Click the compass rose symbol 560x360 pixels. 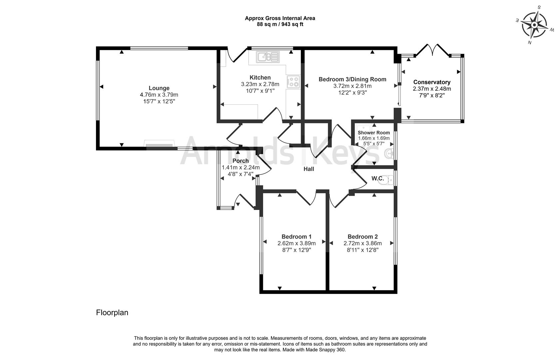(x=534, y=25)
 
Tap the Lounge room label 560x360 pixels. (x=159, y=88)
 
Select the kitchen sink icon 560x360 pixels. (x=267, y=57)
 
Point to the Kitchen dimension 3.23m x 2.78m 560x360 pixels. (x=260, y=84)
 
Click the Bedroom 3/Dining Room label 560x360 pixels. (x=352, y=79)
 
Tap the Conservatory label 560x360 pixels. (x=432, y=82)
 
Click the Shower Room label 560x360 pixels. (x=374, y=133)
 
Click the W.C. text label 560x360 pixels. (x=378, y=179)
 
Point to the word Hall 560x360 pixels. (x=309, y=169)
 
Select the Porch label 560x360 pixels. (x=241, y=161)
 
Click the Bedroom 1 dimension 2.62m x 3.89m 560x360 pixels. (x=296, y=243)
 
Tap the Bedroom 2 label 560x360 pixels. (x=362, y=237)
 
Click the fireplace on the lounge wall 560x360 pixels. (x=159, y=144)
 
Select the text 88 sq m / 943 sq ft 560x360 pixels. (x=280, y=24)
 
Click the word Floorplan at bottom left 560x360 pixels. (x=112, y=313)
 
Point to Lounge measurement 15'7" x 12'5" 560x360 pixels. (x=159, y=101)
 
